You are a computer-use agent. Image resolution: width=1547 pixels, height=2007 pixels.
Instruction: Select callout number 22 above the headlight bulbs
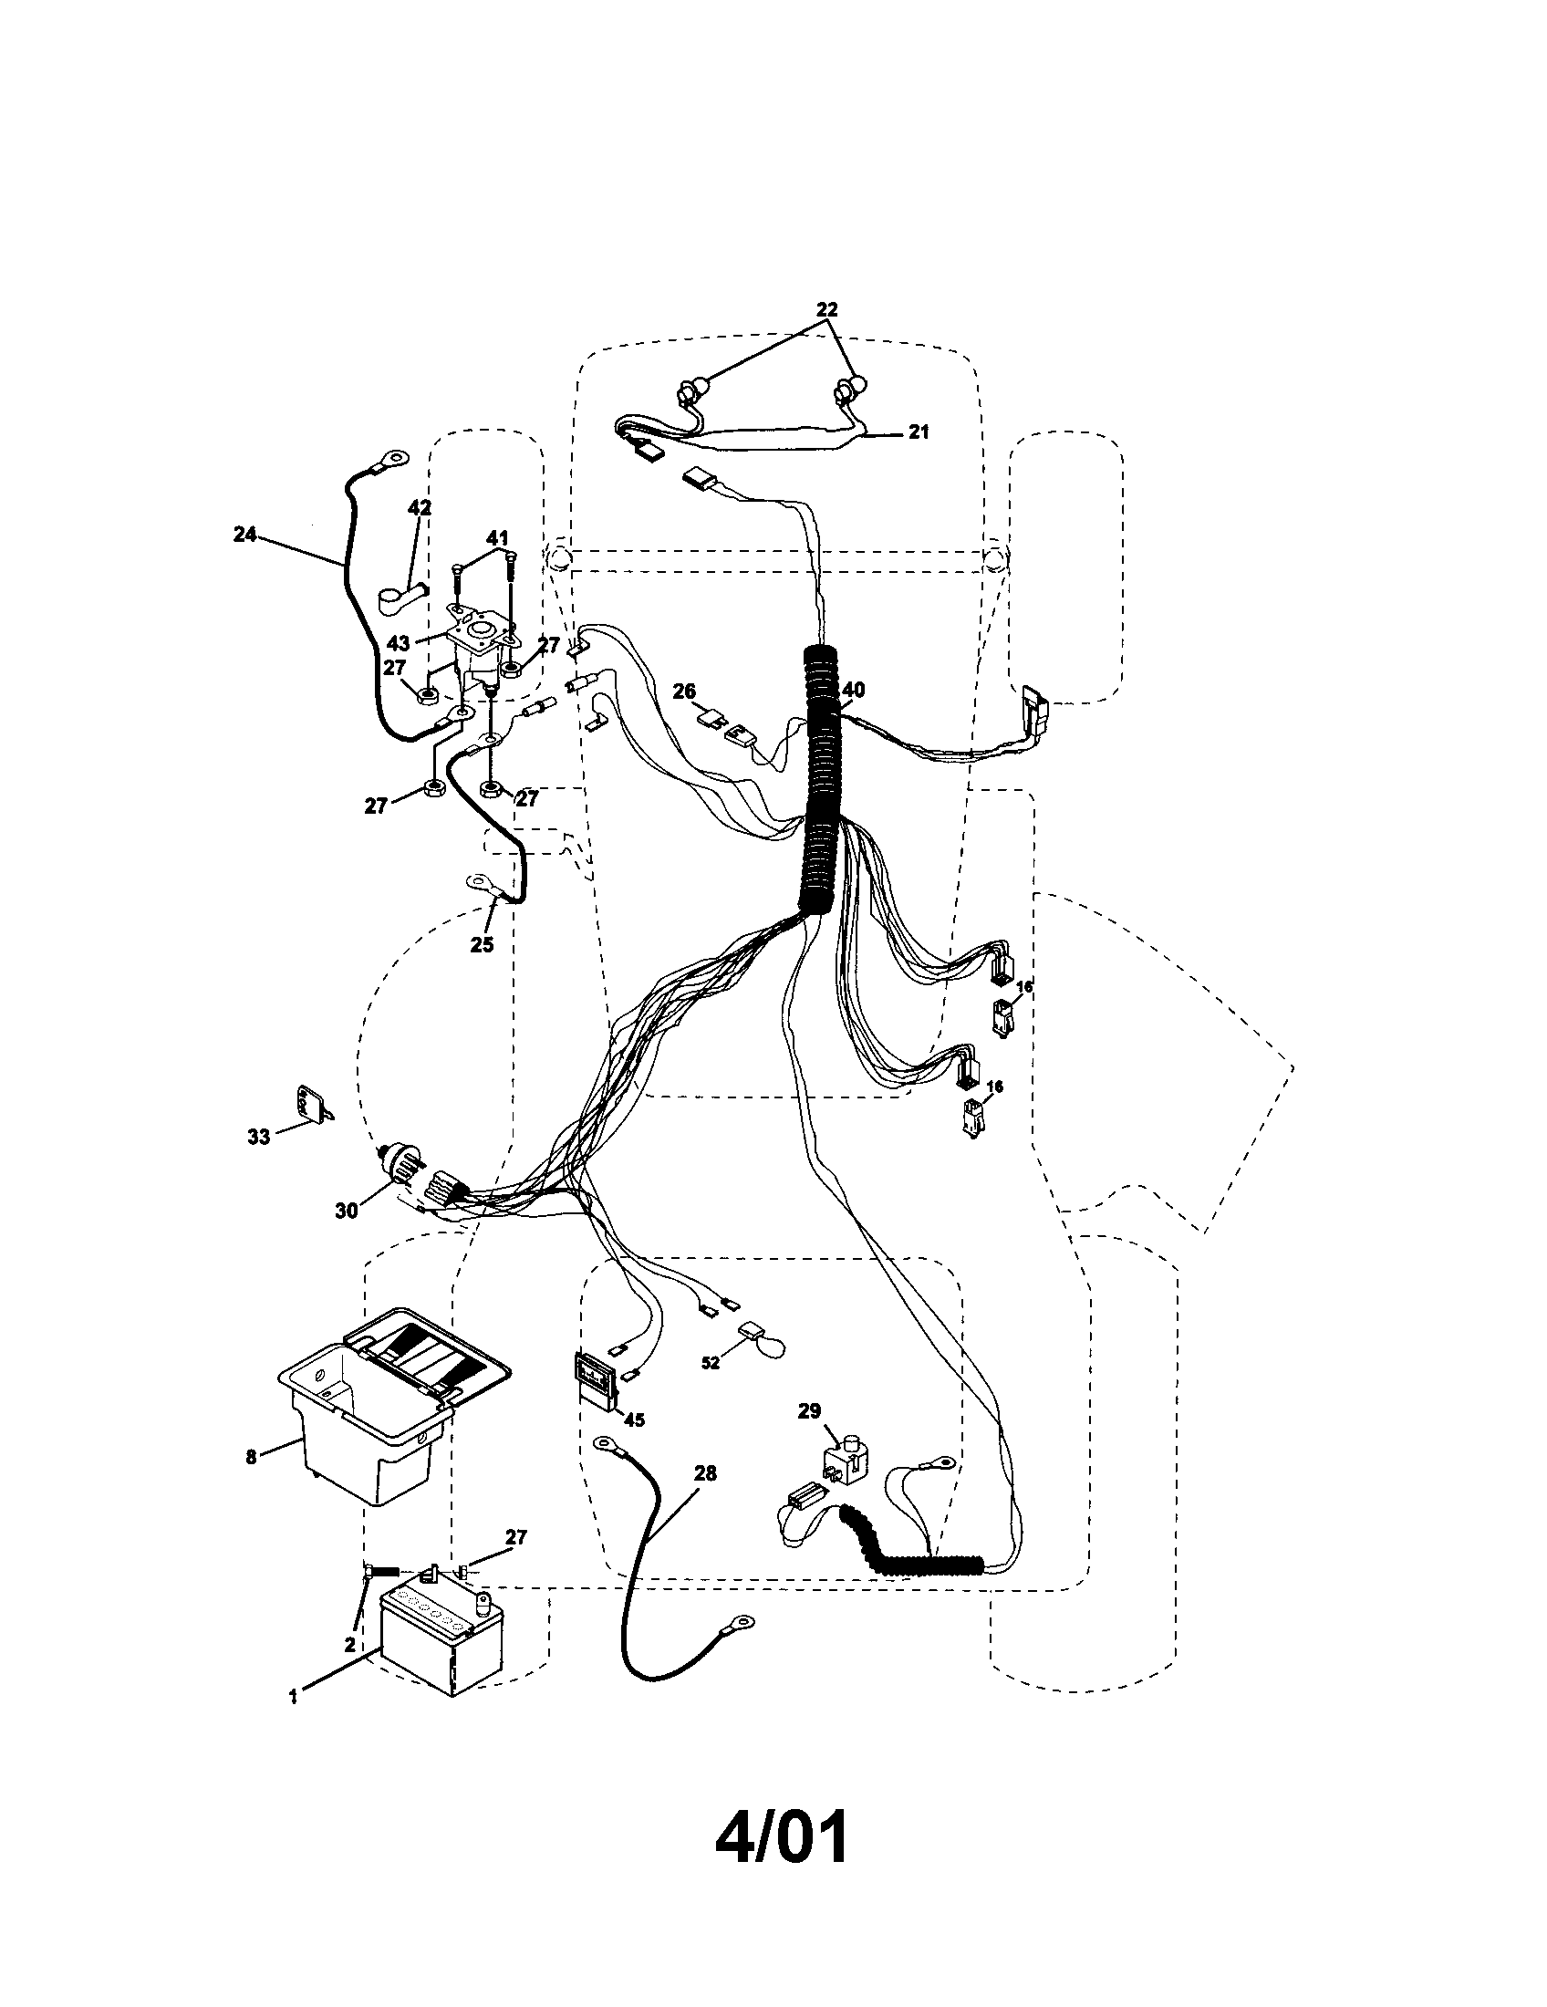coord(826,308)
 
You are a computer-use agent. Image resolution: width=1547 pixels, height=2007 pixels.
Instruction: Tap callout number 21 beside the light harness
coord(919,431)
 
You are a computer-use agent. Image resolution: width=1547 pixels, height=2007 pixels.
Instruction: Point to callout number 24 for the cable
coord(244,534)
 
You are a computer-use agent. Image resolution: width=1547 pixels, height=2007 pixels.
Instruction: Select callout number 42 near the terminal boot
coord(419,508)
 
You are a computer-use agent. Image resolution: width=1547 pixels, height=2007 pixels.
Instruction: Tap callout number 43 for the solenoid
coord(399,643)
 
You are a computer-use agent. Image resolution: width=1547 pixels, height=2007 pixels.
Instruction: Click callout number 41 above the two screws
coord(497,536)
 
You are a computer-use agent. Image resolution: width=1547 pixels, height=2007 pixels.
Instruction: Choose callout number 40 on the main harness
coord(854,689)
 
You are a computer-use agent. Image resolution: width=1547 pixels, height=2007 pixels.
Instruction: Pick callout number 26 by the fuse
coord(683,691)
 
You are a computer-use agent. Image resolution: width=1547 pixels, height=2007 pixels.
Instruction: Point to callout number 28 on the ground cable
coord(704,1472)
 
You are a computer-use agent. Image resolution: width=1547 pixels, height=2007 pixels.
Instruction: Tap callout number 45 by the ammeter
coord(633,1419)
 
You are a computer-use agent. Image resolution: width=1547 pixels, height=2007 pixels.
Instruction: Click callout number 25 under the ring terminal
coord(482,944)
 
